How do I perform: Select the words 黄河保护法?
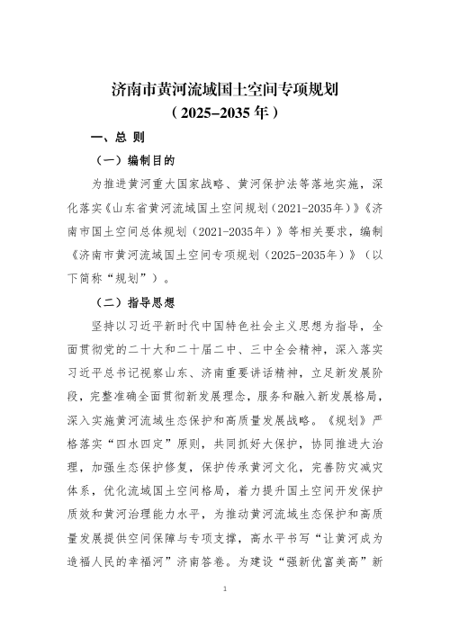(266, 184)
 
